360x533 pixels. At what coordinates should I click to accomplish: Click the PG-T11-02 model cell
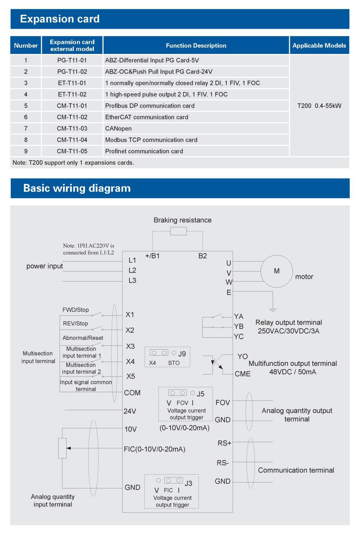(x=72, y=72)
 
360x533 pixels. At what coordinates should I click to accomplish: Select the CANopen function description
(x=118, y=129)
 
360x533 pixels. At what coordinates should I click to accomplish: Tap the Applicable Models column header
(x=319, y=45)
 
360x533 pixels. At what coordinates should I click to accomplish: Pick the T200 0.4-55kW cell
(x=319, y=106)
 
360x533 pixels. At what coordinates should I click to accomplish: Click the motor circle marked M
(x=276, y=271)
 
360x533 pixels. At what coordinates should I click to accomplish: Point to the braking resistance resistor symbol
(x=178, y=231)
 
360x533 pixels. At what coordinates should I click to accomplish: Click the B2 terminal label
(x=203, y=256)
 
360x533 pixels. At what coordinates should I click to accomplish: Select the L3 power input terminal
(x=132, y=280)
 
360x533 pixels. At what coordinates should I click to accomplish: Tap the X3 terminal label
(x=130, y=346)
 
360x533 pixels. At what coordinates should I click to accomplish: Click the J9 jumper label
(x=182, y=354)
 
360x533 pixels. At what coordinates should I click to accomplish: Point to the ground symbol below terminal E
(x=273, y=309)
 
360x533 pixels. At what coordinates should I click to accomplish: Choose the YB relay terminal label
(x=239, y=326)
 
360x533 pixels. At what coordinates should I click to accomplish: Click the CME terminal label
(x=243, y=374)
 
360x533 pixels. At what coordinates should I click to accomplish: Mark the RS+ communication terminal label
(x=224, y=443)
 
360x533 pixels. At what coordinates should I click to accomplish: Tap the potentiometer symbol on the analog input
(x=62, y=448)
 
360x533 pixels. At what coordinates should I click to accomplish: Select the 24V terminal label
(x=130, y=411)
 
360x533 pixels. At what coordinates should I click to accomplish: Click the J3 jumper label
(x=188, y=483)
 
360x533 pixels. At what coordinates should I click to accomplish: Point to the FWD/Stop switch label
(x=76, y=310)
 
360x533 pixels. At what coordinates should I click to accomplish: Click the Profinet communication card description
(x=144, y=151)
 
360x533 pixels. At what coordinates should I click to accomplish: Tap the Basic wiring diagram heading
(x=77, y=188)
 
